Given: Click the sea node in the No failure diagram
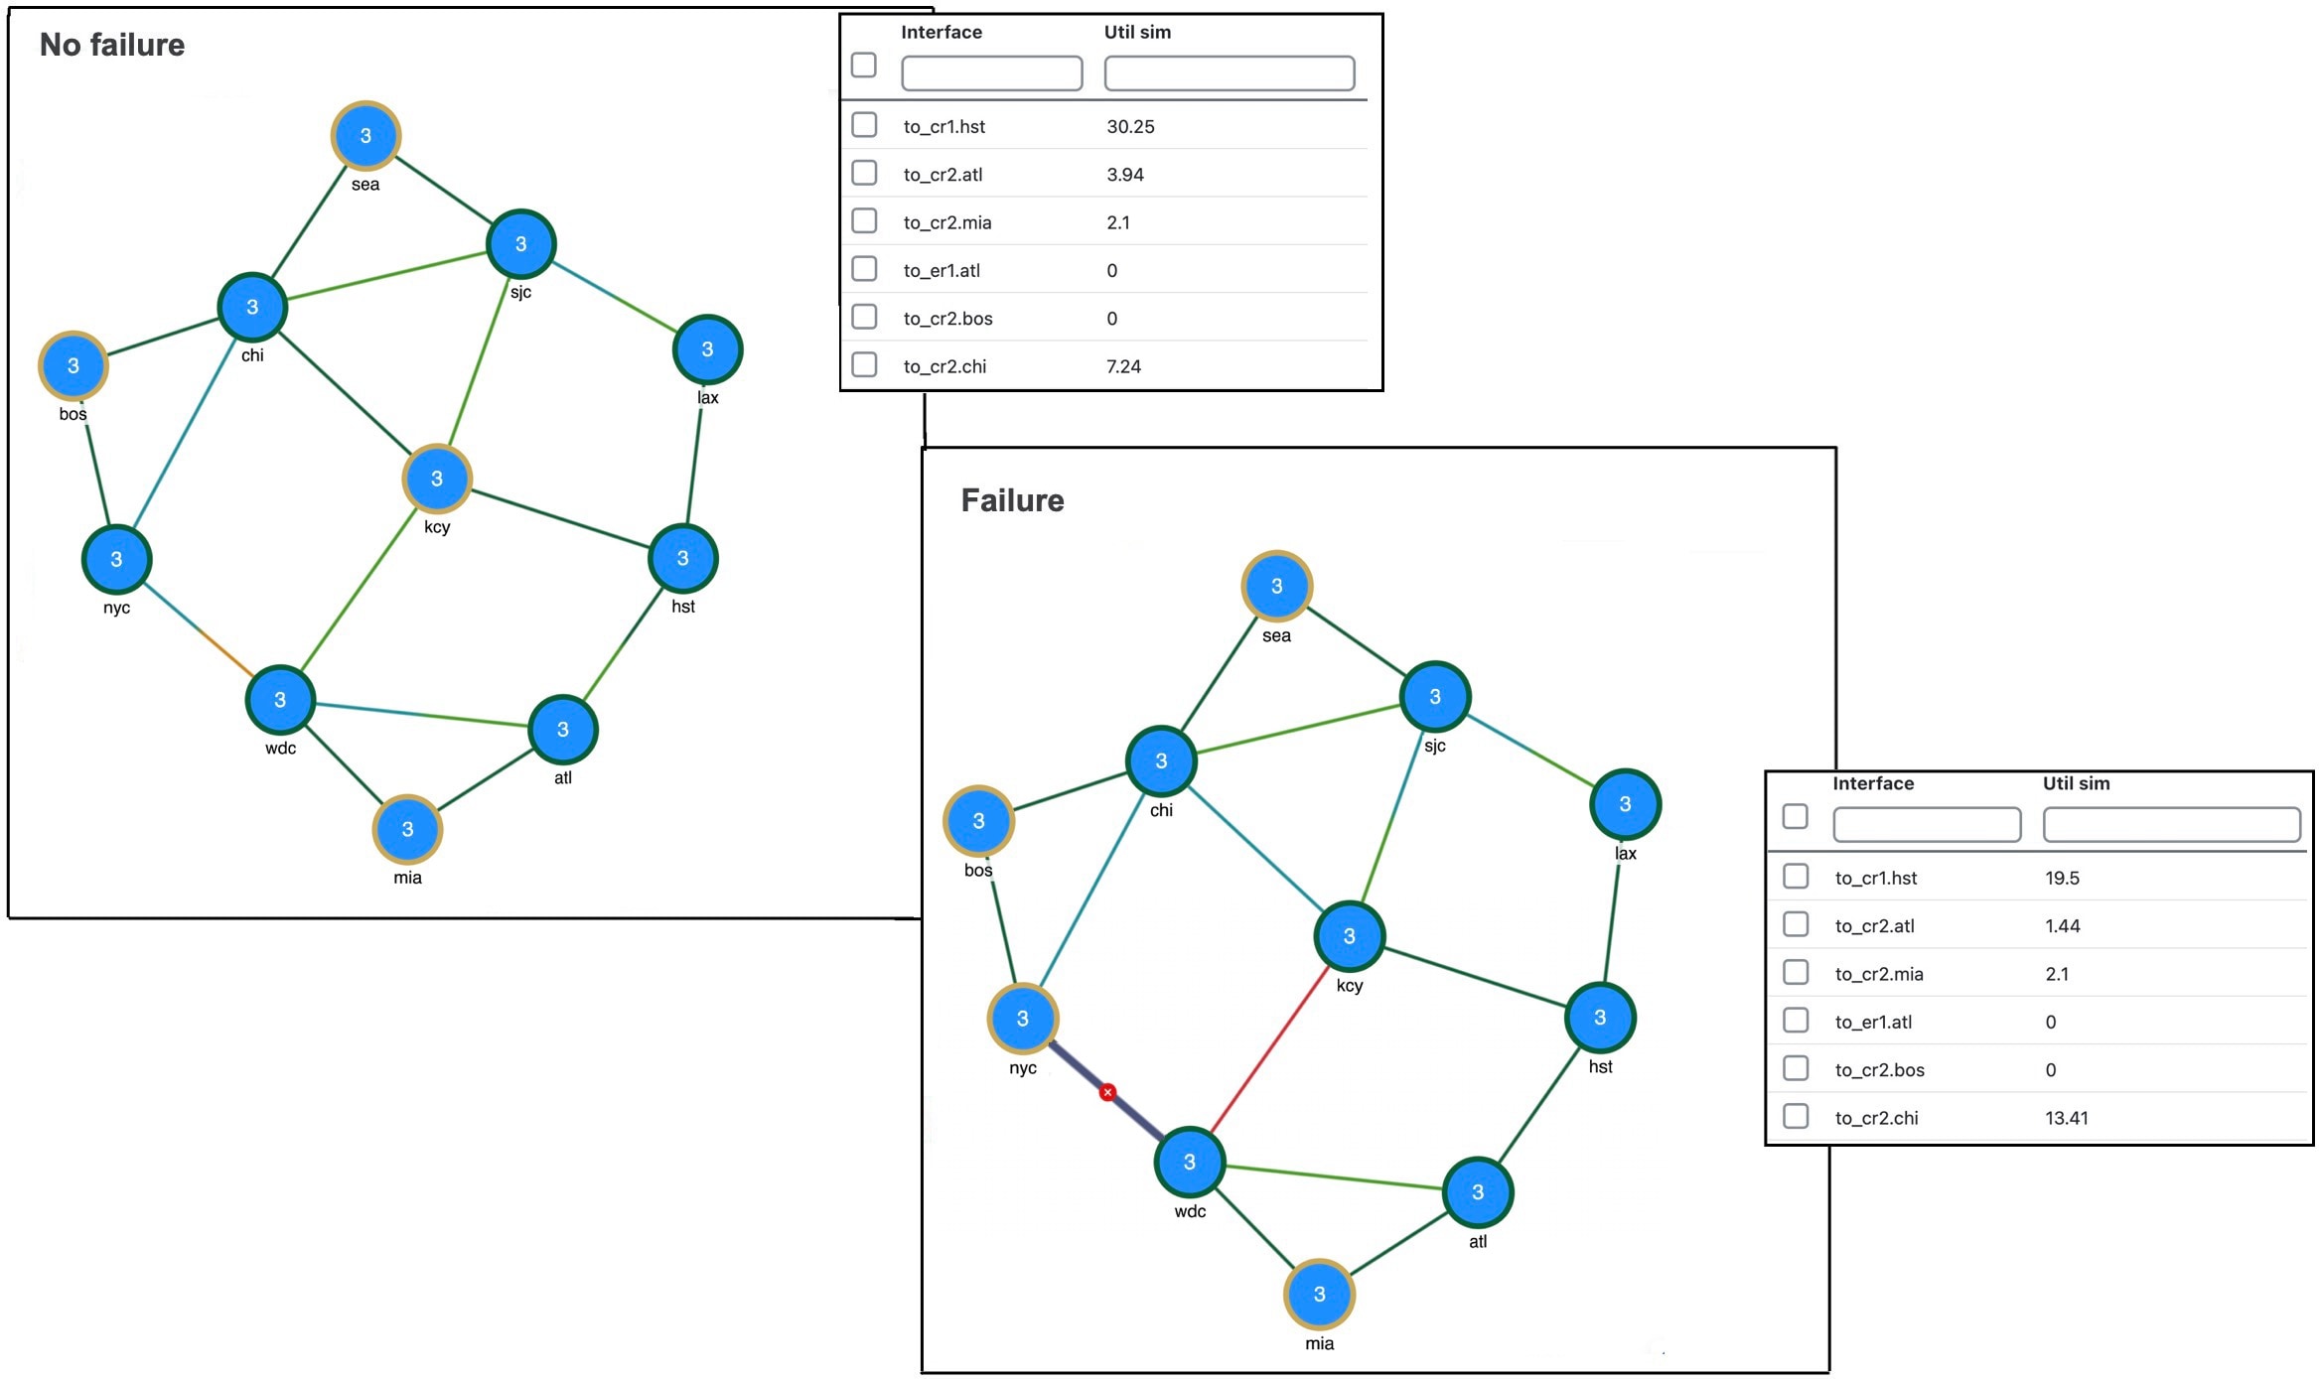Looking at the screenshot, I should point(365,136).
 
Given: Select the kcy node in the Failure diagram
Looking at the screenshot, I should point(1349,936).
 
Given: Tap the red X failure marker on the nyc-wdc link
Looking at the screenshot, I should point(1107,1092).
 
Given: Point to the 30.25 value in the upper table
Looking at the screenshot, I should point(1130,126).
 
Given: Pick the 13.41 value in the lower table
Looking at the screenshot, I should point(2066,1118).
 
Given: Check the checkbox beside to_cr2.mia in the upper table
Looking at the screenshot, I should point(864,220).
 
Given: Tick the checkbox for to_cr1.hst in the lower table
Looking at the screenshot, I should point(1796,876).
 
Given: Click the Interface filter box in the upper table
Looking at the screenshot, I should point(991,73).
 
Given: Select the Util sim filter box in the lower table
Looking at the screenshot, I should point(2171,825).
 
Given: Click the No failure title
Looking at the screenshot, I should point(112,45).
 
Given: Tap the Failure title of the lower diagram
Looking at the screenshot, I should point(1012,500).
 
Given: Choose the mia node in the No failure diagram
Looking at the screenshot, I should point(407,829).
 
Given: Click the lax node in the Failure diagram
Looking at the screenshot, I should point(1625,804).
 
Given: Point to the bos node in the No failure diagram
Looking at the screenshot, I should point(72,365).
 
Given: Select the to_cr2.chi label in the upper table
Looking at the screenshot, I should point(944,366).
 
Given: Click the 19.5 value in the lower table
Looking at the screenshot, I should point(2062,878).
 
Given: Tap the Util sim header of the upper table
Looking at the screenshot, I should point(1137,32).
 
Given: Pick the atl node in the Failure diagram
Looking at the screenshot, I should point(1478,1192).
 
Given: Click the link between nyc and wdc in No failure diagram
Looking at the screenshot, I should point(199,629).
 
